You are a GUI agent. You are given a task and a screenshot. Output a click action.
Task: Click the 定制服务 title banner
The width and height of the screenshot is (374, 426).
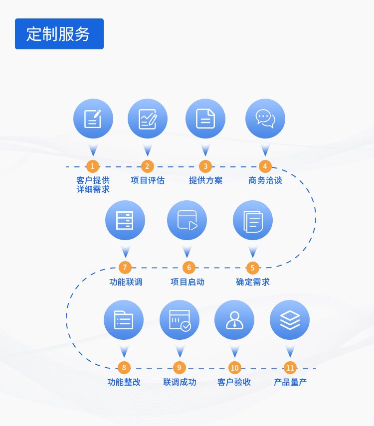point(59,34)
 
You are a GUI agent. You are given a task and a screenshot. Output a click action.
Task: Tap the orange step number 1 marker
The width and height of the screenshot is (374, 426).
point(92,166)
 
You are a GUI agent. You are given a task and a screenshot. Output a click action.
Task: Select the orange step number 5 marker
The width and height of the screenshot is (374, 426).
point(252,268)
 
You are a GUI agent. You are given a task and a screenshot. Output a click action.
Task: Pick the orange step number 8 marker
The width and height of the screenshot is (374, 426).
point(123,368)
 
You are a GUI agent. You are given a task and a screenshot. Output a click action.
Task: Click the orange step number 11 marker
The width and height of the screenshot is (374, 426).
point(290,368)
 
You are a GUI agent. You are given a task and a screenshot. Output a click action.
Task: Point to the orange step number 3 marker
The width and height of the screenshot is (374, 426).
point(205,166)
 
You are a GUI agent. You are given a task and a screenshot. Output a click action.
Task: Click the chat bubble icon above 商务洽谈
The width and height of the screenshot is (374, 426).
point(265,119)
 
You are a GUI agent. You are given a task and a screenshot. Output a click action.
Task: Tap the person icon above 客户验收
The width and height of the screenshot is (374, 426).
point(234,320)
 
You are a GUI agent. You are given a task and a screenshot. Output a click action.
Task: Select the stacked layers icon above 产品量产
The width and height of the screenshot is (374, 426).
point(290,320)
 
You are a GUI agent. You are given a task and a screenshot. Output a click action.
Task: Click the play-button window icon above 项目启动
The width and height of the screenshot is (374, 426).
point(187,220)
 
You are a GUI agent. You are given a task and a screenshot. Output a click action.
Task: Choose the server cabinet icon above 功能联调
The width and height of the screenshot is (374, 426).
point(125,220)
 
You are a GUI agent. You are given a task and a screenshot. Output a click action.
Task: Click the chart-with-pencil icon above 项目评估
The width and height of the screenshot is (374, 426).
point(148,119)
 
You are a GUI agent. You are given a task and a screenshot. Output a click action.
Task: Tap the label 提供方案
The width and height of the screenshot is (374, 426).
point(205,180)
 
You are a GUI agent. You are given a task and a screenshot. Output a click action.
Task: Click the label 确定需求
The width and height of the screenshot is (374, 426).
point(253,282)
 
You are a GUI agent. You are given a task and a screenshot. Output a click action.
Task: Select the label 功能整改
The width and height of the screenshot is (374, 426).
point(124,383)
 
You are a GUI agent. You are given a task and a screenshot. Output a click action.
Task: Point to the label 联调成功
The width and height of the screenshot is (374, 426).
point(180,383)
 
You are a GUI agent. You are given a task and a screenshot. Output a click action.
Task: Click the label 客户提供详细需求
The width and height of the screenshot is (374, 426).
point(93,185)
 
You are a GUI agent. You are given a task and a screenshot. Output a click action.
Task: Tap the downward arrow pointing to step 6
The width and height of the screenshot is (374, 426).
point(187,251)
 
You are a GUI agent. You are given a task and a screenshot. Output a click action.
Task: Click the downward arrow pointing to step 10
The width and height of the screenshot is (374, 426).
point(234,351)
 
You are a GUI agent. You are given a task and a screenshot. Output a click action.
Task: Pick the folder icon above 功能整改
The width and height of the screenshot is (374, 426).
point(124,320)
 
